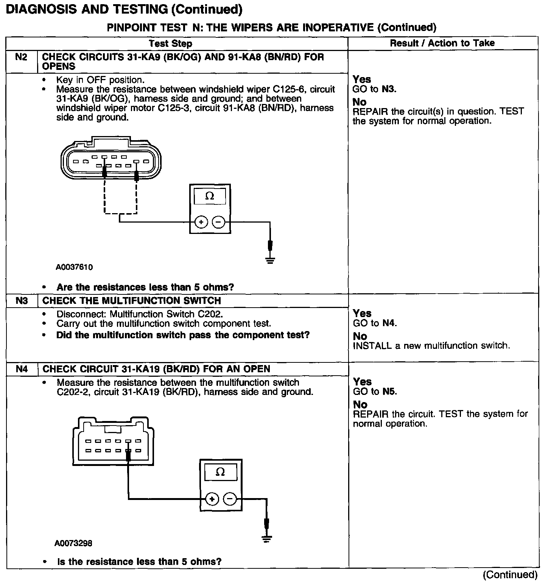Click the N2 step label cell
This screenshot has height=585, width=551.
click(x=21, y=57)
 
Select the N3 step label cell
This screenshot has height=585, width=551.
click(x=22, y=301)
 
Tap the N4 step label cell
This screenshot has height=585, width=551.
click(x=22, y=369)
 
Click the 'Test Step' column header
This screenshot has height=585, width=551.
click(x=170, y=43)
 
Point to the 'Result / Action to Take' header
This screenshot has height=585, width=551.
click(x=442, y=43)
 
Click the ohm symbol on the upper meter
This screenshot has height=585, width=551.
click(x=209, y=196)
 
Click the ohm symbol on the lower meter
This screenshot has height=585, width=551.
click(x=220, y=472)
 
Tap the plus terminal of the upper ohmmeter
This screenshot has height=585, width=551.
click(x=201, y=222)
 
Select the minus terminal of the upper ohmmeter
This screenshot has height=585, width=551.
click(x=218, y=222)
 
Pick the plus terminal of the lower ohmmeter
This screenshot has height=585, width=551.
click(x=212, y=499)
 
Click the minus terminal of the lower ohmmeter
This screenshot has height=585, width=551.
click(x=230, y=499)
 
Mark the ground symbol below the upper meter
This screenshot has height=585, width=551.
click(x=270, y=260)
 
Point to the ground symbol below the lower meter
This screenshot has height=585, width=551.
click(x=267, y=538)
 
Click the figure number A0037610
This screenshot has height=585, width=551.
click(x=74, y=267)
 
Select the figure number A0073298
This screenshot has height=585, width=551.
click(x=73, y=543)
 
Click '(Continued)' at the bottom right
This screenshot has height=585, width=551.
click(x=510, y=575)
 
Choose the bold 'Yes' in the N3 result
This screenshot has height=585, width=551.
click(x=362, y=313)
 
